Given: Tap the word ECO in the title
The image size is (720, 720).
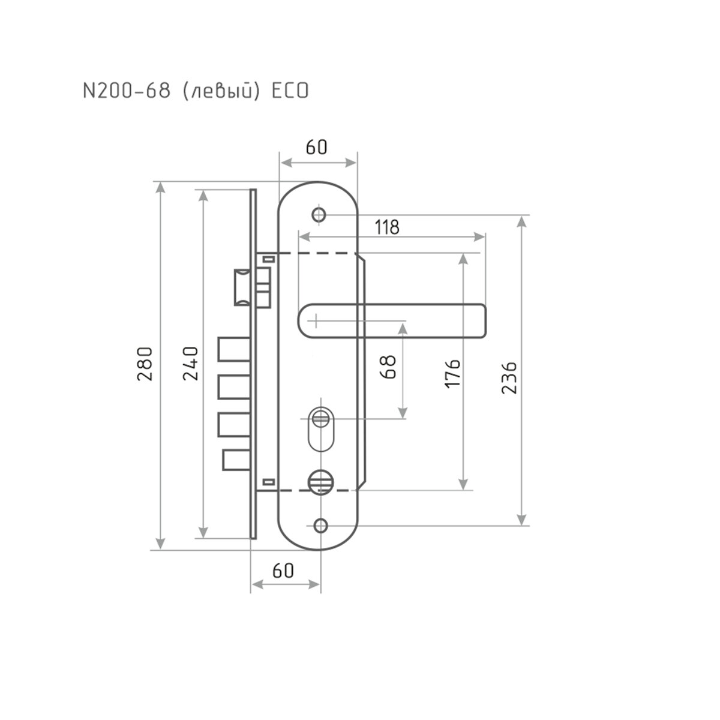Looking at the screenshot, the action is [x=290, y=91].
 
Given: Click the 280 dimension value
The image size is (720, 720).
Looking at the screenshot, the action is [x=146, y=364].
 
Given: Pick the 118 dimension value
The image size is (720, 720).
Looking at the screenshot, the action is [x=387, y=227].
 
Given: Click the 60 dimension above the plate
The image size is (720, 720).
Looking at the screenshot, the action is [x=316, y=147].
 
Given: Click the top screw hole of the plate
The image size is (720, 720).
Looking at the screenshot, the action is [x=319, y=214].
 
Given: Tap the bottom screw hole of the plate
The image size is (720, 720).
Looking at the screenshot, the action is [x=321, y=526].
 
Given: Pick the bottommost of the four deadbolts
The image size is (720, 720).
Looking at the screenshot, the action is [x=235, y=460].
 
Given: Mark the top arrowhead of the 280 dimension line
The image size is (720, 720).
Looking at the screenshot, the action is [x=160, y=187].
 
